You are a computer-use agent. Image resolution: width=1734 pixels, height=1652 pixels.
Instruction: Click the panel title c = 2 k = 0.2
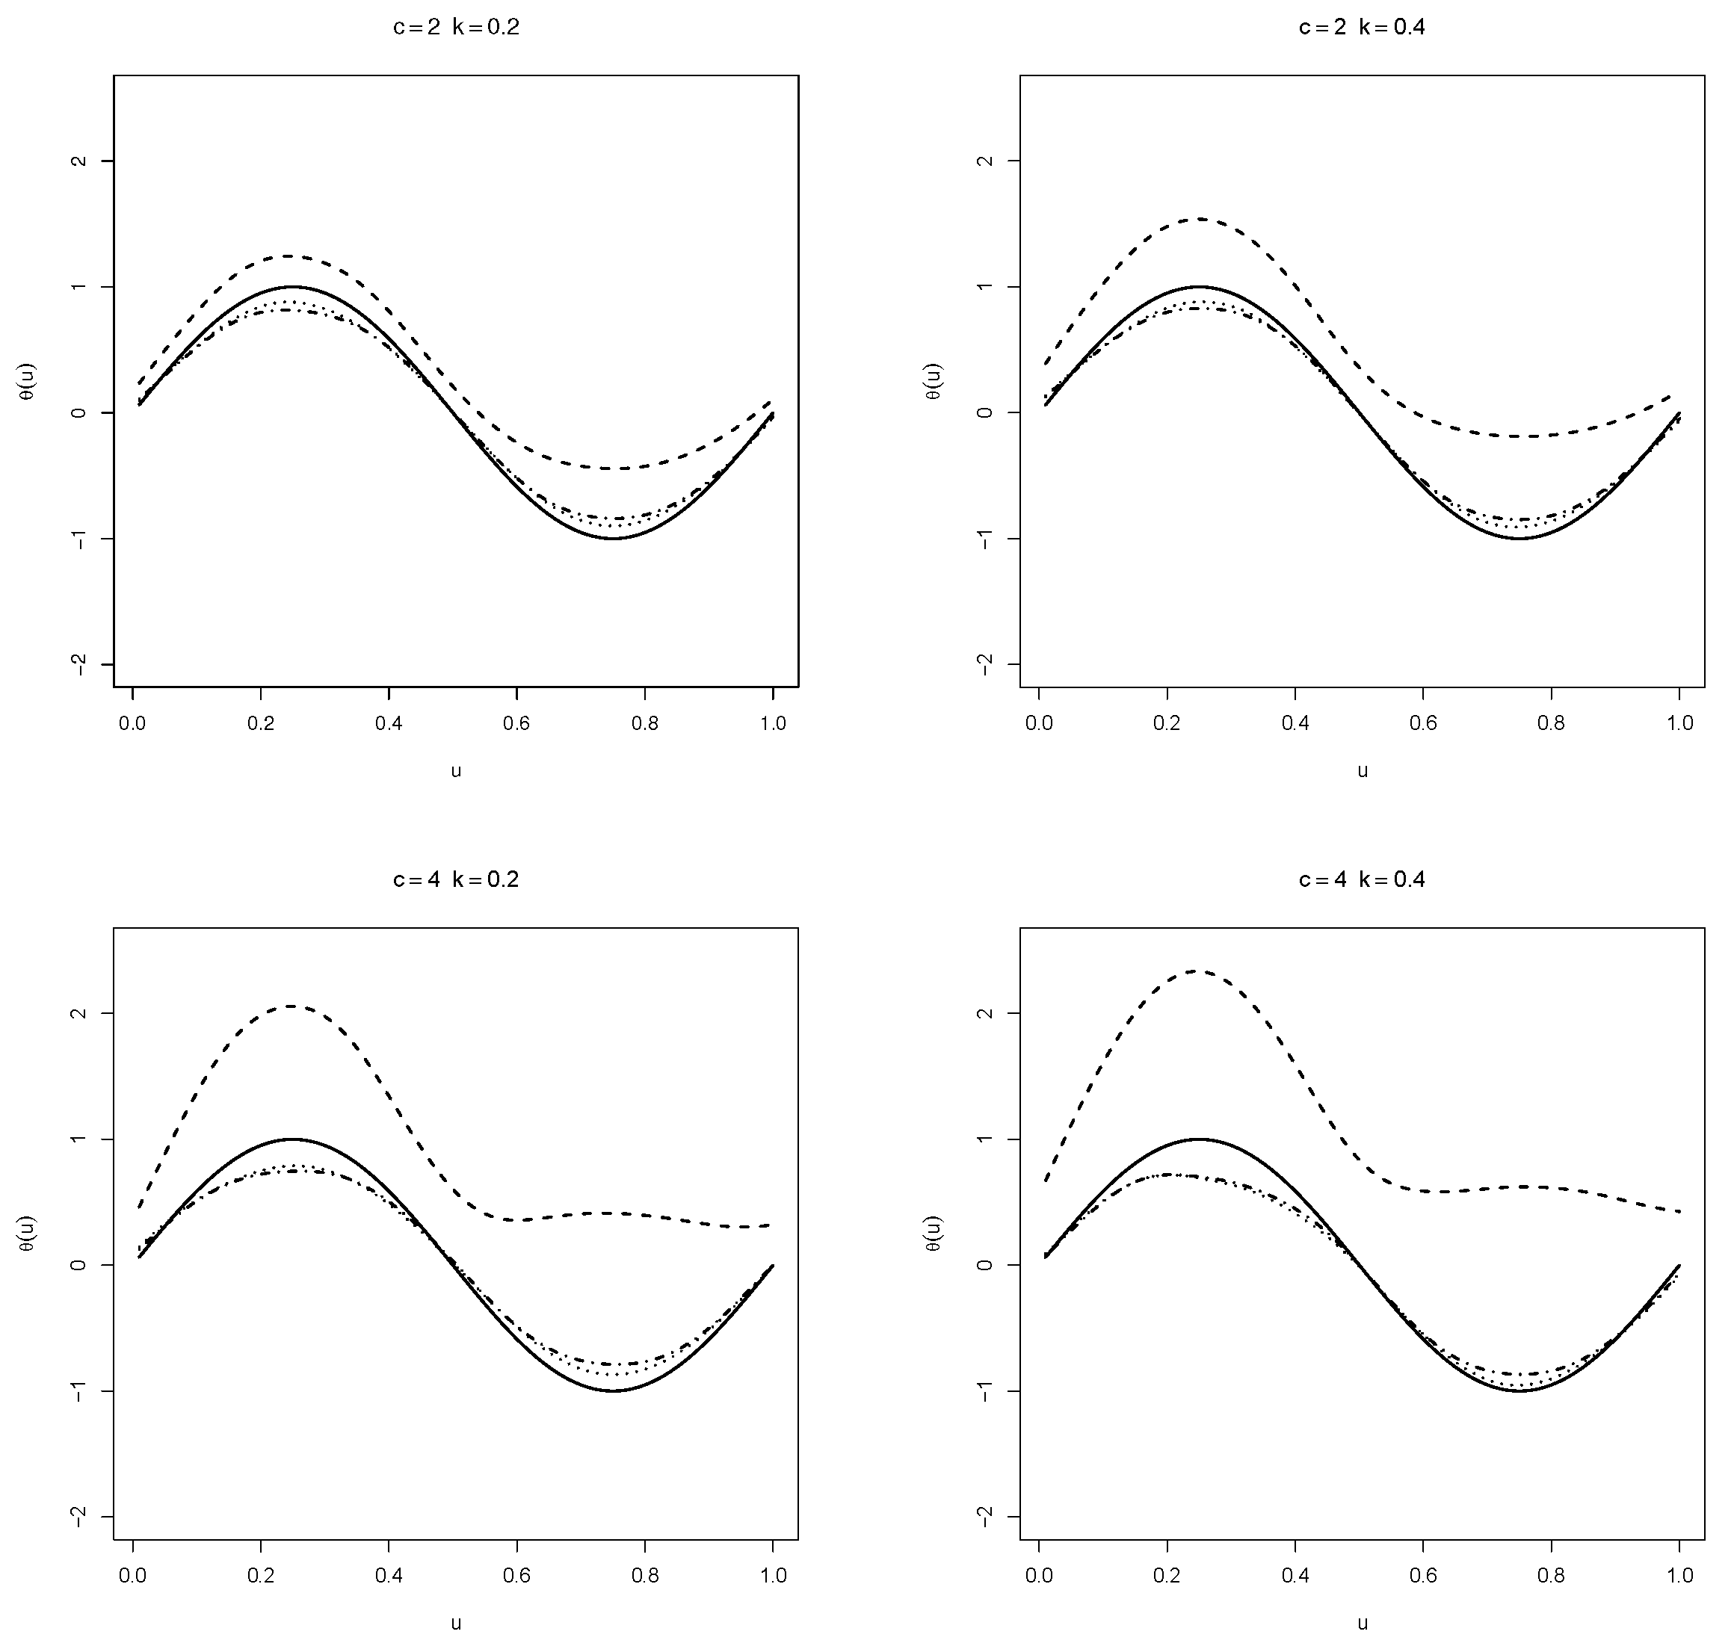[x=455, y=28]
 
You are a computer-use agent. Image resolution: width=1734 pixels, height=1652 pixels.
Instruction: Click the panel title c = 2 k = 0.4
[x=1362, y=28]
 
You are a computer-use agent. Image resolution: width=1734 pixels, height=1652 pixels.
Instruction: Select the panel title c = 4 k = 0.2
[x=455, y=879]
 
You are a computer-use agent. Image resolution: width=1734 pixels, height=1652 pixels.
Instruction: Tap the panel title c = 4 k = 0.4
[x=1362, y=879]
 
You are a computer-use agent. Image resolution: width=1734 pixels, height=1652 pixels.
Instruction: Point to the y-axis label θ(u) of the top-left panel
[x=28, y=381]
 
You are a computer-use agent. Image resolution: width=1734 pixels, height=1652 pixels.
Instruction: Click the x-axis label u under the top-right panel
[x=1363, y=770]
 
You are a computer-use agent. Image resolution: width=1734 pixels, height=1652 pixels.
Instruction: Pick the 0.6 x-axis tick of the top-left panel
[x=517, y=723]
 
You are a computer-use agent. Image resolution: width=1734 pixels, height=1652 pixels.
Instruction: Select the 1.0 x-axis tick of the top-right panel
[x=1679, y=723]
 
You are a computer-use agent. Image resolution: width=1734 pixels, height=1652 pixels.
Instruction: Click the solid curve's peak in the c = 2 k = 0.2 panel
[x=291, y=286]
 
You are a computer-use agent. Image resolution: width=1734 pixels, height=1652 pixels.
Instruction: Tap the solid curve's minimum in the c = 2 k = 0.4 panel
[x=1520, y=538]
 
